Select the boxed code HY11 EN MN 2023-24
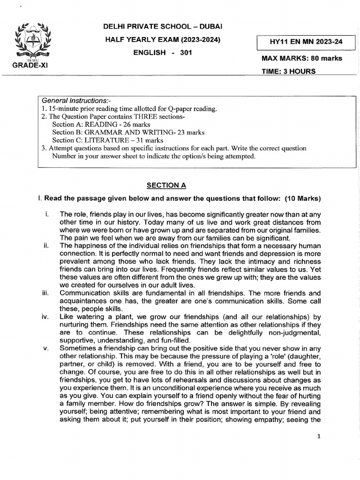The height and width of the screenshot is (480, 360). coord(306,42)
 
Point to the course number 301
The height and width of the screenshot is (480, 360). coord(186,52)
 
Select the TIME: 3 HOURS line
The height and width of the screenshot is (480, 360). coord(288,72)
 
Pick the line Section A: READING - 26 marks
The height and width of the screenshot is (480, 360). coord(101,125)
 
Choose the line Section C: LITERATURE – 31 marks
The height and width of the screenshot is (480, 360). coord(107,140)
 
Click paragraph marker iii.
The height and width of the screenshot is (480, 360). coord(45,293)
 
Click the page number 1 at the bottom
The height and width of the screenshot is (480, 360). coord(319,436)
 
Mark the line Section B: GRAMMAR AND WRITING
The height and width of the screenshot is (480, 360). coord(128,133)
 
